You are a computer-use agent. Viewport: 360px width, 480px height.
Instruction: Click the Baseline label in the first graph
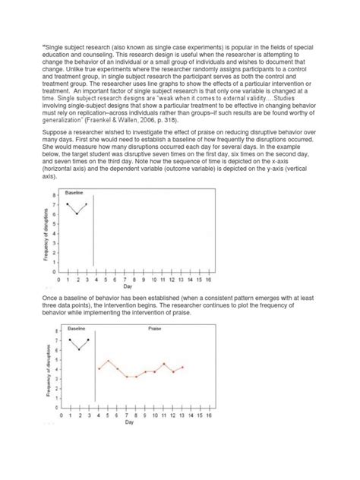click(x=74, y=194)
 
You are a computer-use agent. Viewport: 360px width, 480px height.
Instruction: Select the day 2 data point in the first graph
click(x=77, y=214)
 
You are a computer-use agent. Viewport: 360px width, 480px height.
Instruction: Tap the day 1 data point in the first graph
click(x=68, y=204)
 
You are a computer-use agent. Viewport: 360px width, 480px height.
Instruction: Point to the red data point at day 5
click(x=108, y=361)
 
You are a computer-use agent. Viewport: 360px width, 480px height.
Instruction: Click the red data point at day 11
click(x=164, y=364)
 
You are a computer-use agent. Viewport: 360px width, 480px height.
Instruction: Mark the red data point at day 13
click(x=182, y=367)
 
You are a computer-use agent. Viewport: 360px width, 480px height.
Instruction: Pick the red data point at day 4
click(x=99, y=368)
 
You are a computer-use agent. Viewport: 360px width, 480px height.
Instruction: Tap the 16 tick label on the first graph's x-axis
click(x=210, y=278)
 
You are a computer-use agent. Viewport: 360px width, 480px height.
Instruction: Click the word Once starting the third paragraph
click(x=50, y=301)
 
